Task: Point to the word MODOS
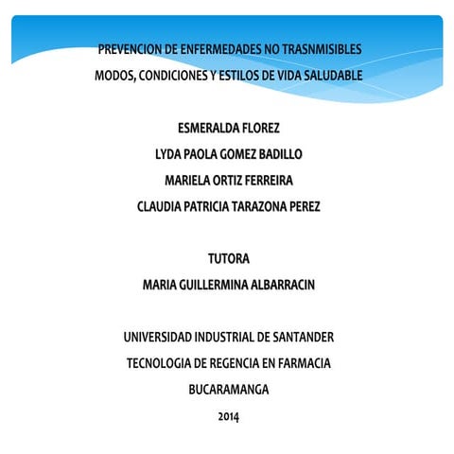click(x=113, y=75)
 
